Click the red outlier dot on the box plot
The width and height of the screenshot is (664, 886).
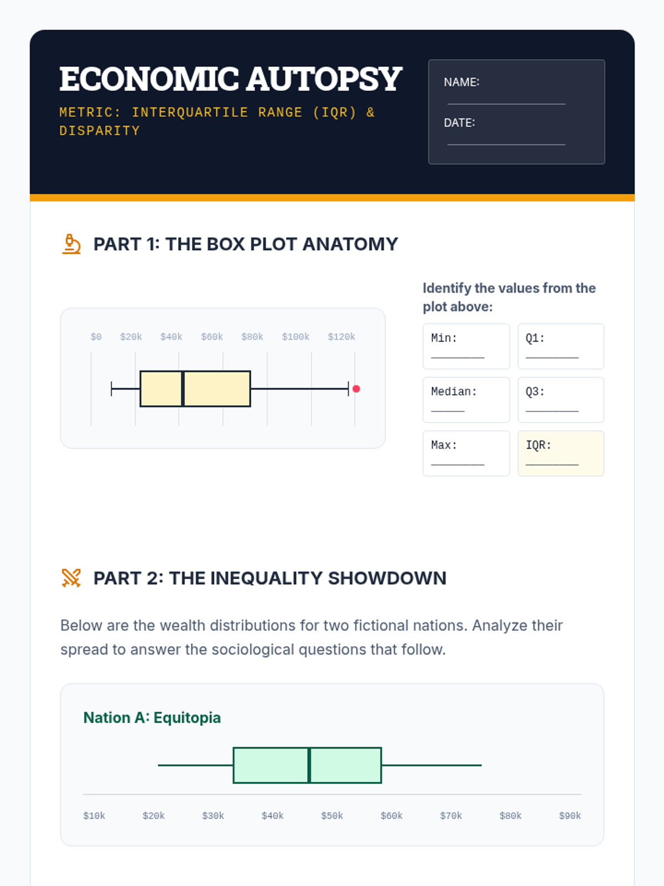(356, 389)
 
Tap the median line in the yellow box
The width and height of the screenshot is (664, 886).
(183, 389)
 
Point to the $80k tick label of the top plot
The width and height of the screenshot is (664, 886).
(252, 337)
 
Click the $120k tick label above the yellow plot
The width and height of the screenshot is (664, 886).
(341, 337)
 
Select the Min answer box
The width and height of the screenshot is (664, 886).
(466, 346)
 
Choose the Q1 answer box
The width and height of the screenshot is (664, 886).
(561, 346)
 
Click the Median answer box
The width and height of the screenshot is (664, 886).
(466, 400)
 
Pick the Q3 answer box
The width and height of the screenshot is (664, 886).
(561, 400)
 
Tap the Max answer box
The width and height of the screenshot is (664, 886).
(466, 454)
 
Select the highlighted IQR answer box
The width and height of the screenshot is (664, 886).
(561, 454)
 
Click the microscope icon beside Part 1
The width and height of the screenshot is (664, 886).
(71, 244)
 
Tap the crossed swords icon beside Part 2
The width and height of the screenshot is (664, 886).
(71, 578)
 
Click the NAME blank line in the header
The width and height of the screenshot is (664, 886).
(506, 104)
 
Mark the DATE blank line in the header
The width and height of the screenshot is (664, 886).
(506, 145)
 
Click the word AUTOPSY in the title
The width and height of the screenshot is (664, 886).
(324, 79)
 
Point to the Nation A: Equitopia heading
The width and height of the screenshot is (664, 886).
(152, 718)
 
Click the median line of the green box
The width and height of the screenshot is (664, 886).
(309, 765)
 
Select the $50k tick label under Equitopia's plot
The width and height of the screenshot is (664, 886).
(332, 816)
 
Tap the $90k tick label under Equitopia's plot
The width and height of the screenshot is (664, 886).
(570, 816)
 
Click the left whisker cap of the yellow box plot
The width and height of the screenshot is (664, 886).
(111, 389)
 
